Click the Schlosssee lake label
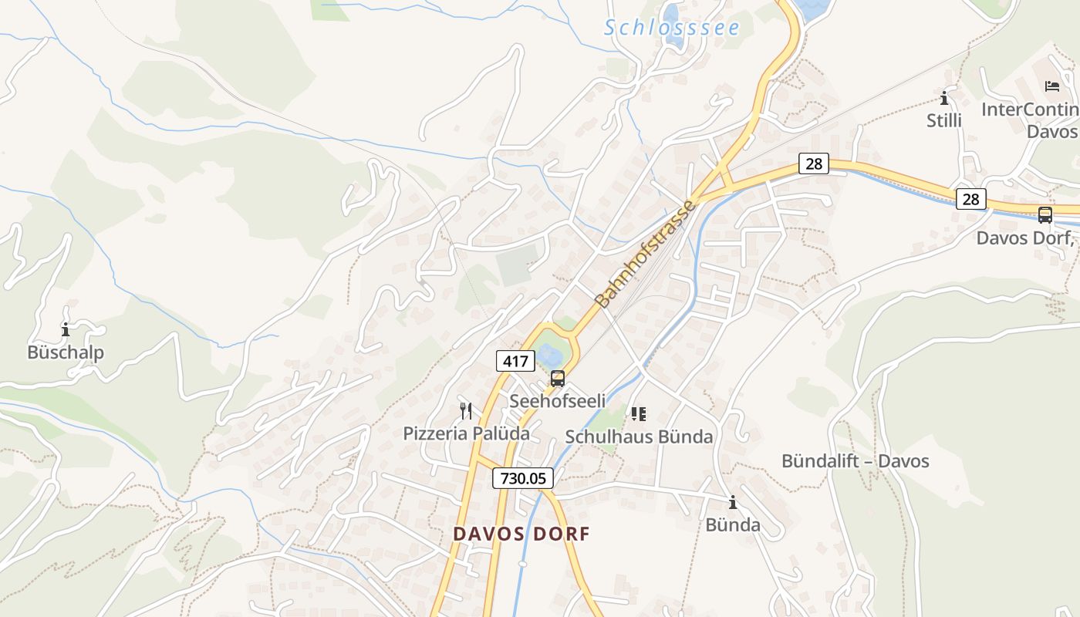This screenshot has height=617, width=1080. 671,29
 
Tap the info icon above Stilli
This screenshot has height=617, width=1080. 943,99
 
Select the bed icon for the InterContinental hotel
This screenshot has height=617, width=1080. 1051,86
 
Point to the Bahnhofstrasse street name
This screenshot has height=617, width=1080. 646,254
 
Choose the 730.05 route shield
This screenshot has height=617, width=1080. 523,478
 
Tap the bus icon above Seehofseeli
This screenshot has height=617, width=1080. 558,379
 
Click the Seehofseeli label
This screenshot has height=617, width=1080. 558,401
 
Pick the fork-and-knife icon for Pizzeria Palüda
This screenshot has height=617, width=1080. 466,410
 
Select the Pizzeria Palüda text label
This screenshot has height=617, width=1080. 466,433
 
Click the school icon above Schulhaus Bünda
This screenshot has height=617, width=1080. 638,414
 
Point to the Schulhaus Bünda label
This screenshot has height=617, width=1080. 639,437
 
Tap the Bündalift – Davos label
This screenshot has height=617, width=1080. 855,462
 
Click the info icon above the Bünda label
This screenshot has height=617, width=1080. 732,503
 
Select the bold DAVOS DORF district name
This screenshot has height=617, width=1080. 521,534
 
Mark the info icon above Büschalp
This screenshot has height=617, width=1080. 66,330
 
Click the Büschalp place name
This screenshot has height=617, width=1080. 66,352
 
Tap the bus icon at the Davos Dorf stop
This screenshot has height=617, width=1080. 1045,215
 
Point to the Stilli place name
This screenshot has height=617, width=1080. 944,121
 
